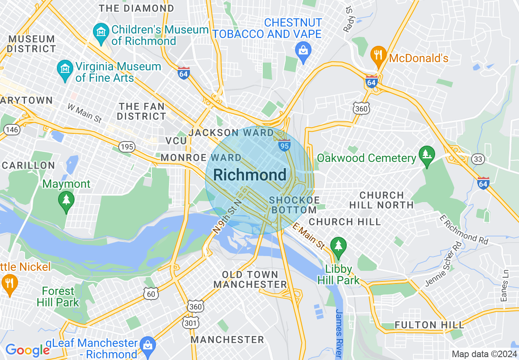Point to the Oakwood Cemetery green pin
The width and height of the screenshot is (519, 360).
pos(427,155)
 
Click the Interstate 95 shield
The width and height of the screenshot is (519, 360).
pos(284,145)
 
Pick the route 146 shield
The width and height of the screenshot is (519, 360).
pos(11,130)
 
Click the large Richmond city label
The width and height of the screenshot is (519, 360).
pos(250,175)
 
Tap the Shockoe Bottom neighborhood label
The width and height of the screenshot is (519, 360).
pos(293,205)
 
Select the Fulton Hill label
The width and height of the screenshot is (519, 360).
pos(429,325)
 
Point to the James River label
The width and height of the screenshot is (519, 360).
pos(339,333)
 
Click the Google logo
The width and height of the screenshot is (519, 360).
pos(27,350)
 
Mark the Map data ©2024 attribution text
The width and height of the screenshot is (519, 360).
pos(483,354)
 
